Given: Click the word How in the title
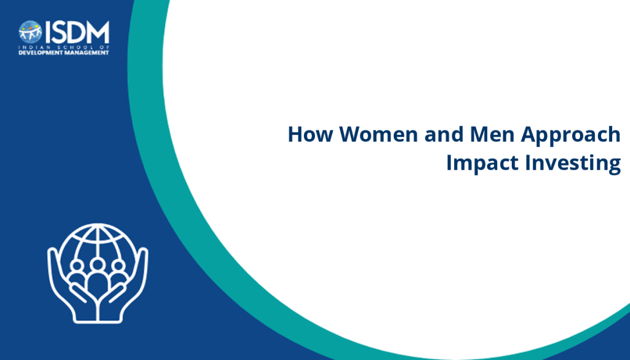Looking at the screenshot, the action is tap(310, 134).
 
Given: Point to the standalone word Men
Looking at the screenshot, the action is tap(492, 134).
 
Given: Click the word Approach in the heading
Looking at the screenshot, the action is tap(571, 136).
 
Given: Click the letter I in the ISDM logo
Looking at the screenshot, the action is tap(48, 32).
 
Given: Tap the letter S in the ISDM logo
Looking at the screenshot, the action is tap(60, 32).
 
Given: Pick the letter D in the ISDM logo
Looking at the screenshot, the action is tap(78, 32).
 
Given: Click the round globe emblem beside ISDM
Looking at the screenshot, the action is tap(30, 32).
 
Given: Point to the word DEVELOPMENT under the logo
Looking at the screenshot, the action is tap(39, 53).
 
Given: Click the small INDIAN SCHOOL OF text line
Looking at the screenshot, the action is tap(64, 47).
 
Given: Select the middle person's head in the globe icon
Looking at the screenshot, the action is tap(97, 265).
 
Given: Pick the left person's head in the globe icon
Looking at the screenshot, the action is tap(77, 266).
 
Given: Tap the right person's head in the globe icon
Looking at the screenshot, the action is tap(118, 266).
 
